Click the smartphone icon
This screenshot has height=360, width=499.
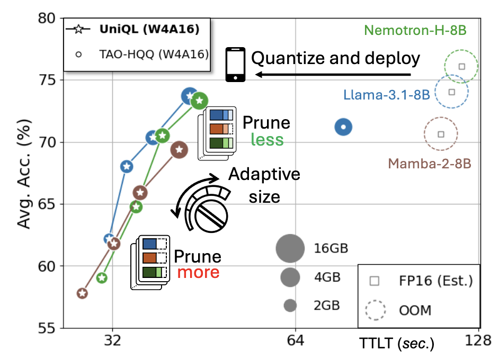point(236,65)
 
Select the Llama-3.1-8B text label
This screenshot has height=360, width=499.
point(386,95)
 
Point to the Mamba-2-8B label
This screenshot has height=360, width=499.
point(429,163)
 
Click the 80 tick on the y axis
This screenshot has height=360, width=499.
point(48,19)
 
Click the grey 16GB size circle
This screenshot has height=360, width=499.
point(290,248)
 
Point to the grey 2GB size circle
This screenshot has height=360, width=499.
point(290,305)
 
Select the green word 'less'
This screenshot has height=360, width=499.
point(267,140)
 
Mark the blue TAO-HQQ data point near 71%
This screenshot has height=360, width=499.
point(344,127)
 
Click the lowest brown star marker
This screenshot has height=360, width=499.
point(82,293)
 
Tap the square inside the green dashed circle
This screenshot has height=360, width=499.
point(461,66)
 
